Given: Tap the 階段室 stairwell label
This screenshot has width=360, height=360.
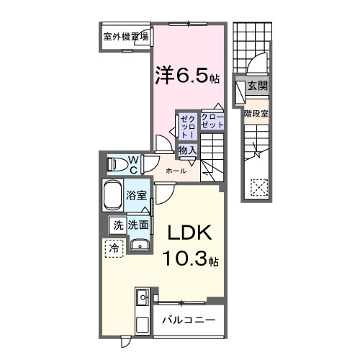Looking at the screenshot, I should coord(256,113).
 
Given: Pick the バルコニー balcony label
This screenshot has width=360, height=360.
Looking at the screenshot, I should coord(188,319).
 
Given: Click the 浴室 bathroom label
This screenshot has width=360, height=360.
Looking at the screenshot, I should coord(137,196).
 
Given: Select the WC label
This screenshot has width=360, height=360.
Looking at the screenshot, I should coord(134,164).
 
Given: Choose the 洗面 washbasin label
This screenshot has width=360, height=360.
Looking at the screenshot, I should coord(138,225).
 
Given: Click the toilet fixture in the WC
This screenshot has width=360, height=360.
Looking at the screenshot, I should coord(115,164).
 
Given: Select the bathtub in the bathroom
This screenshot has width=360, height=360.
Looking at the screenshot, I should coord(113,195).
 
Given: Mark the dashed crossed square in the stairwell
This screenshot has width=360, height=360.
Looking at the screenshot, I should coord(258,189).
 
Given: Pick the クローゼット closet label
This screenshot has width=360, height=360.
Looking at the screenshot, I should coord(212,120).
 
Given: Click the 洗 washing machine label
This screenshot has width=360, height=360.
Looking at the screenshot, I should coord(117,225).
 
